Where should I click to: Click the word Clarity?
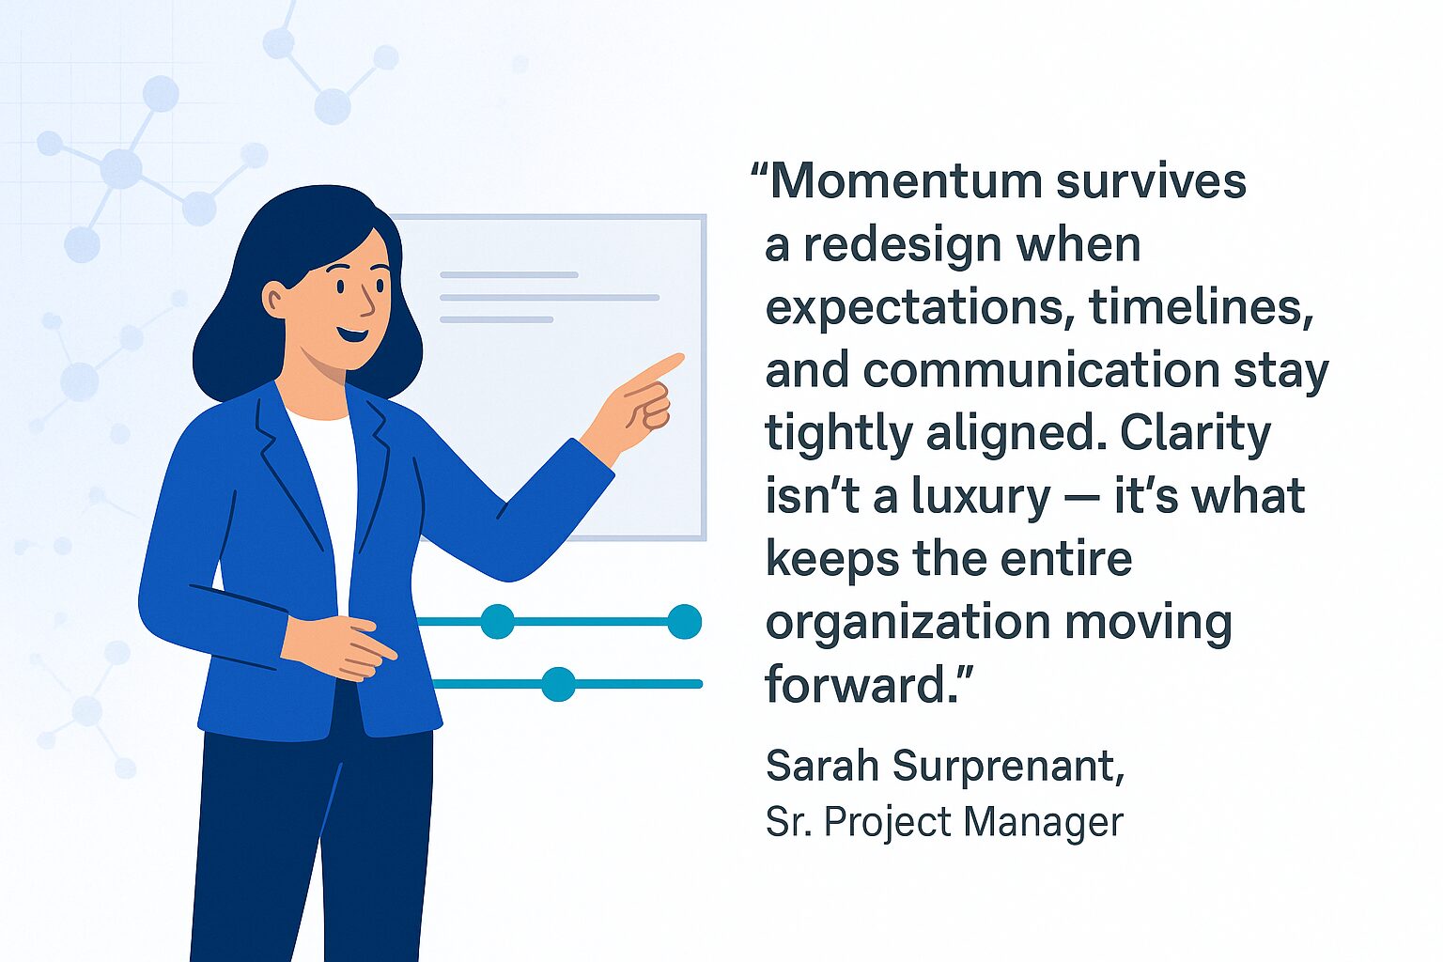1195,433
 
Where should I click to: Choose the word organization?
908,622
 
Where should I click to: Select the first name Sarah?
821,766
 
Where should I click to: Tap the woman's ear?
274,300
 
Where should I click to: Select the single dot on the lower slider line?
558,684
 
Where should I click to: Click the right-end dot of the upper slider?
685,622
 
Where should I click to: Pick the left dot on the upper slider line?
497,622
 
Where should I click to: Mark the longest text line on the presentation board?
550,297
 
